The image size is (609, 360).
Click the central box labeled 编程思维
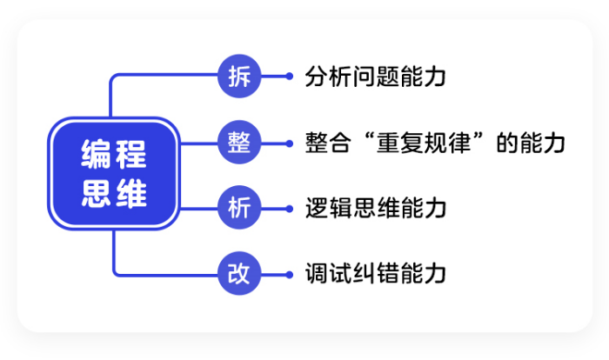click(x=114, y=174)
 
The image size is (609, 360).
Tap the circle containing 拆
click(x=239, y=77)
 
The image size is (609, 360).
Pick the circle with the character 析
click(x=239, y=208)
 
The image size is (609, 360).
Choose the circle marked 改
click(x=239, y=274)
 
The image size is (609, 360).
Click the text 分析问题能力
click(x=376, y=77)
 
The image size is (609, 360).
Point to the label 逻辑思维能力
click(x=376, y=208)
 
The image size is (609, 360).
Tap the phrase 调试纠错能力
click(x=376, y=274)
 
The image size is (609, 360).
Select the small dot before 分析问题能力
click(x=290, y=77)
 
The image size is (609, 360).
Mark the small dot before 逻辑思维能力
click(x=290, y=208)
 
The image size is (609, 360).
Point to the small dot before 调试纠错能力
click(x=290, y=274)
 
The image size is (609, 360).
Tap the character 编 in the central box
click(x=97, y=157)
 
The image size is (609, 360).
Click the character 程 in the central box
click(x=132, y=157)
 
